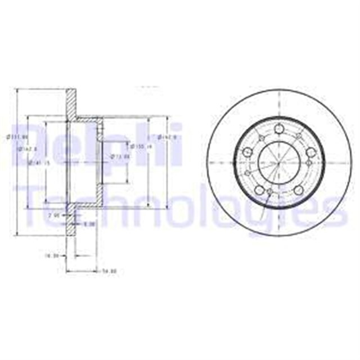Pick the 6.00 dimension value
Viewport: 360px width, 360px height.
pos(88,223)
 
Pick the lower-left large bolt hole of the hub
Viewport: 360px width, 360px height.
pos(259,190)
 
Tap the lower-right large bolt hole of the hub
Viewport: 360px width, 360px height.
pos(298,190)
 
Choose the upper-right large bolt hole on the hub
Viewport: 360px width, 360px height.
pos(310,152)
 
